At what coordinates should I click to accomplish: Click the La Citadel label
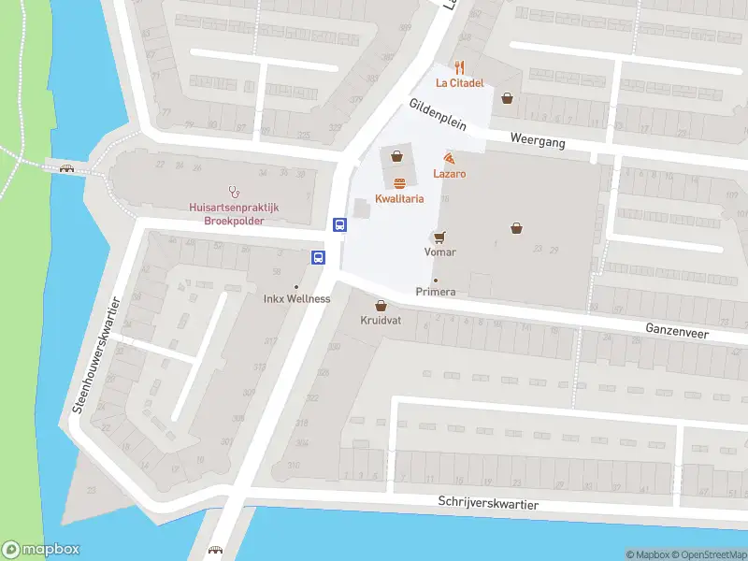pyautogui.click(x=458, y=83)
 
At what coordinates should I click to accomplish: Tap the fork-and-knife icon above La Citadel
pyautogui.click(x=458, y=67)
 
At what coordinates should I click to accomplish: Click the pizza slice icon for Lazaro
pyautogui.click(x=450, y=159)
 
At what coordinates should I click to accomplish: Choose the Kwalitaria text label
pyautogui.click(x=399, y=198)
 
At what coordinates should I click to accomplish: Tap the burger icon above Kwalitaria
pyautogui.click(x=399, y=183)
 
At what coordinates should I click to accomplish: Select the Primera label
pyautogui.click(x=436, y=292)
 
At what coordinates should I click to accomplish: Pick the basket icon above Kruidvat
pyautogui.click(x=381, y=305)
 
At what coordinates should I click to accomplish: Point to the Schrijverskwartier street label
pyautogui.click(x=488, y=502)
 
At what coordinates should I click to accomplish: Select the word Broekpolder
pyautogui.click(x=234, y=221)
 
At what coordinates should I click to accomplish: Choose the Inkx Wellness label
pyautogui.click(x=296, y=299)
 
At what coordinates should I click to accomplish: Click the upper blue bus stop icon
pyautogui.click(x=340, y=224)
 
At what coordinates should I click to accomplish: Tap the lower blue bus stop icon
pyautogui.click(x=319, y=257)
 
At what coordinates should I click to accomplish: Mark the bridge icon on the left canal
pyautogui.click(x=66, y=168)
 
